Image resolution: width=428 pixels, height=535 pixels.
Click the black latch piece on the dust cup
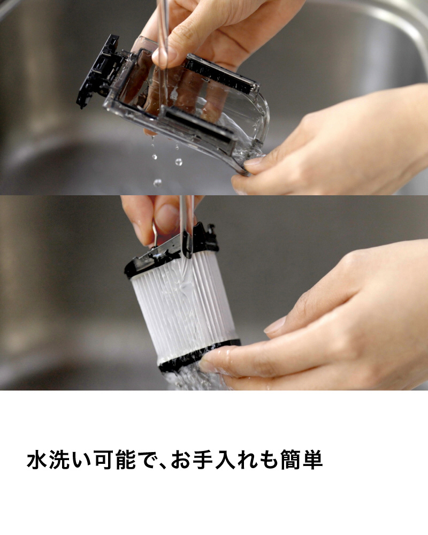tap(97, 72)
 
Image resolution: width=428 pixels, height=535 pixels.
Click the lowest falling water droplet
tap(157, 183)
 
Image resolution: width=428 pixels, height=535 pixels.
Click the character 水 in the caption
tap(37, 460)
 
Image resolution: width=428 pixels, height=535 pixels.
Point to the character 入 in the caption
tap(225, 460)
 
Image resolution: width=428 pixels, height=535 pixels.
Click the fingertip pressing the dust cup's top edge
tap(163, 55)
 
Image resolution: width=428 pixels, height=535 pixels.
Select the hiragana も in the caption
tap(269, 460)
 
